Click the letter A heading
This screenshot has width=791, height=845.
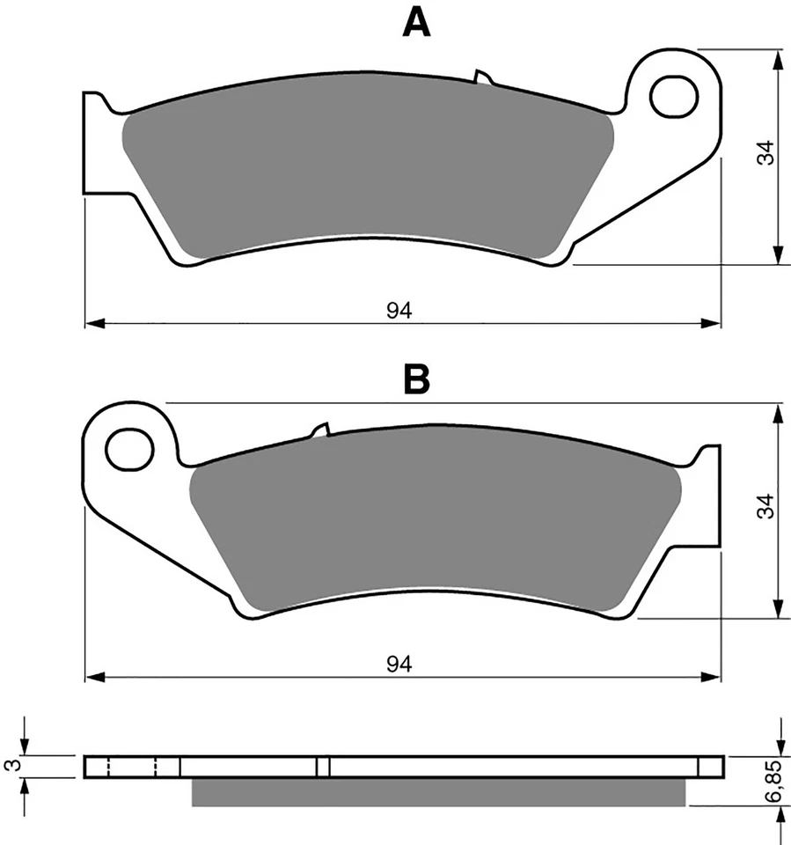(416, 23)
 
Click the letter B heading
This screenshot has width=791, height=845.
(416, 380)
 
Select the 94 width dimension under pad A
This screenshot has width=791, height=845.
(399, 310)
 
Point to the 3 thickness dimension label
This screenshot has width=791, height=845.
(11, 766)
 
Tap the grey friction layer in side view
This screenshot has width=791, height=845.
(437, 791)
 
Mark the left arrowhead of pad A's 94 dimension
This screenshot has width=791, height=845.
(92, 323)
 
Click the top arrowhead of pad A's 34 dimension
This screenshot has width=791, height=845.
(778, 58)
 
